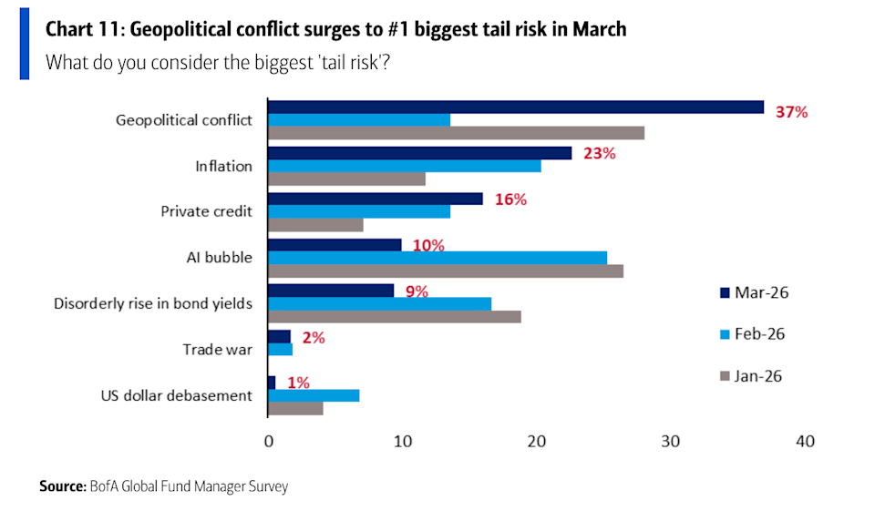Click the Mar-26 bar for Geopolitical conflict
pyautogui.click(x=515, y=107)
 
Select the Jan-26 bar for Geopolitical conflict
pyautogui.click(x=456, y=133)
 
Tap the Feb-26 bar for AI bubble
pyautogui.click(x=437, y=258)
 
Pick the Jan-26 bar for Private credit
pyautogui.click(x=315, y=225)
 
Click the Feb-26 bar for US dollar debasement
pyautogui.click(x=314, y=395)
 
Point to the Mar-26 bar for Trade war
pyautogui.click(x=279, y=336)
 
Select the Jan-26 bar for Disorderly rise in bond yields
pyautogui.click(x=394, y=316)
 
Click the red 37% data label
pyautogui.click(x=790, y=112)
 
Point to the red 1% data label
pyautogui.click(x=297, y=383)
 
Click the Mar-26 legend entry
pyautogui.click(x=753, y=292)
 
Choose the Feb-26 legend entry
pyautogui.click(x=753, y=334)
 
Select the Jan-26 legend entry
pyautogui.click(x=753, y=375)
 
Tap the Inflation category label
pyautogui.click(x=223, y=166)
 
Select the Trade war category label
pyautogui.click(x=217, y=349)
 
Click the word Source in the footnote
pyautogui.click(x=62, y=486)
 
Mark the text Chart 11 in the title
pyautogui.click(x=83, y=29)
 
